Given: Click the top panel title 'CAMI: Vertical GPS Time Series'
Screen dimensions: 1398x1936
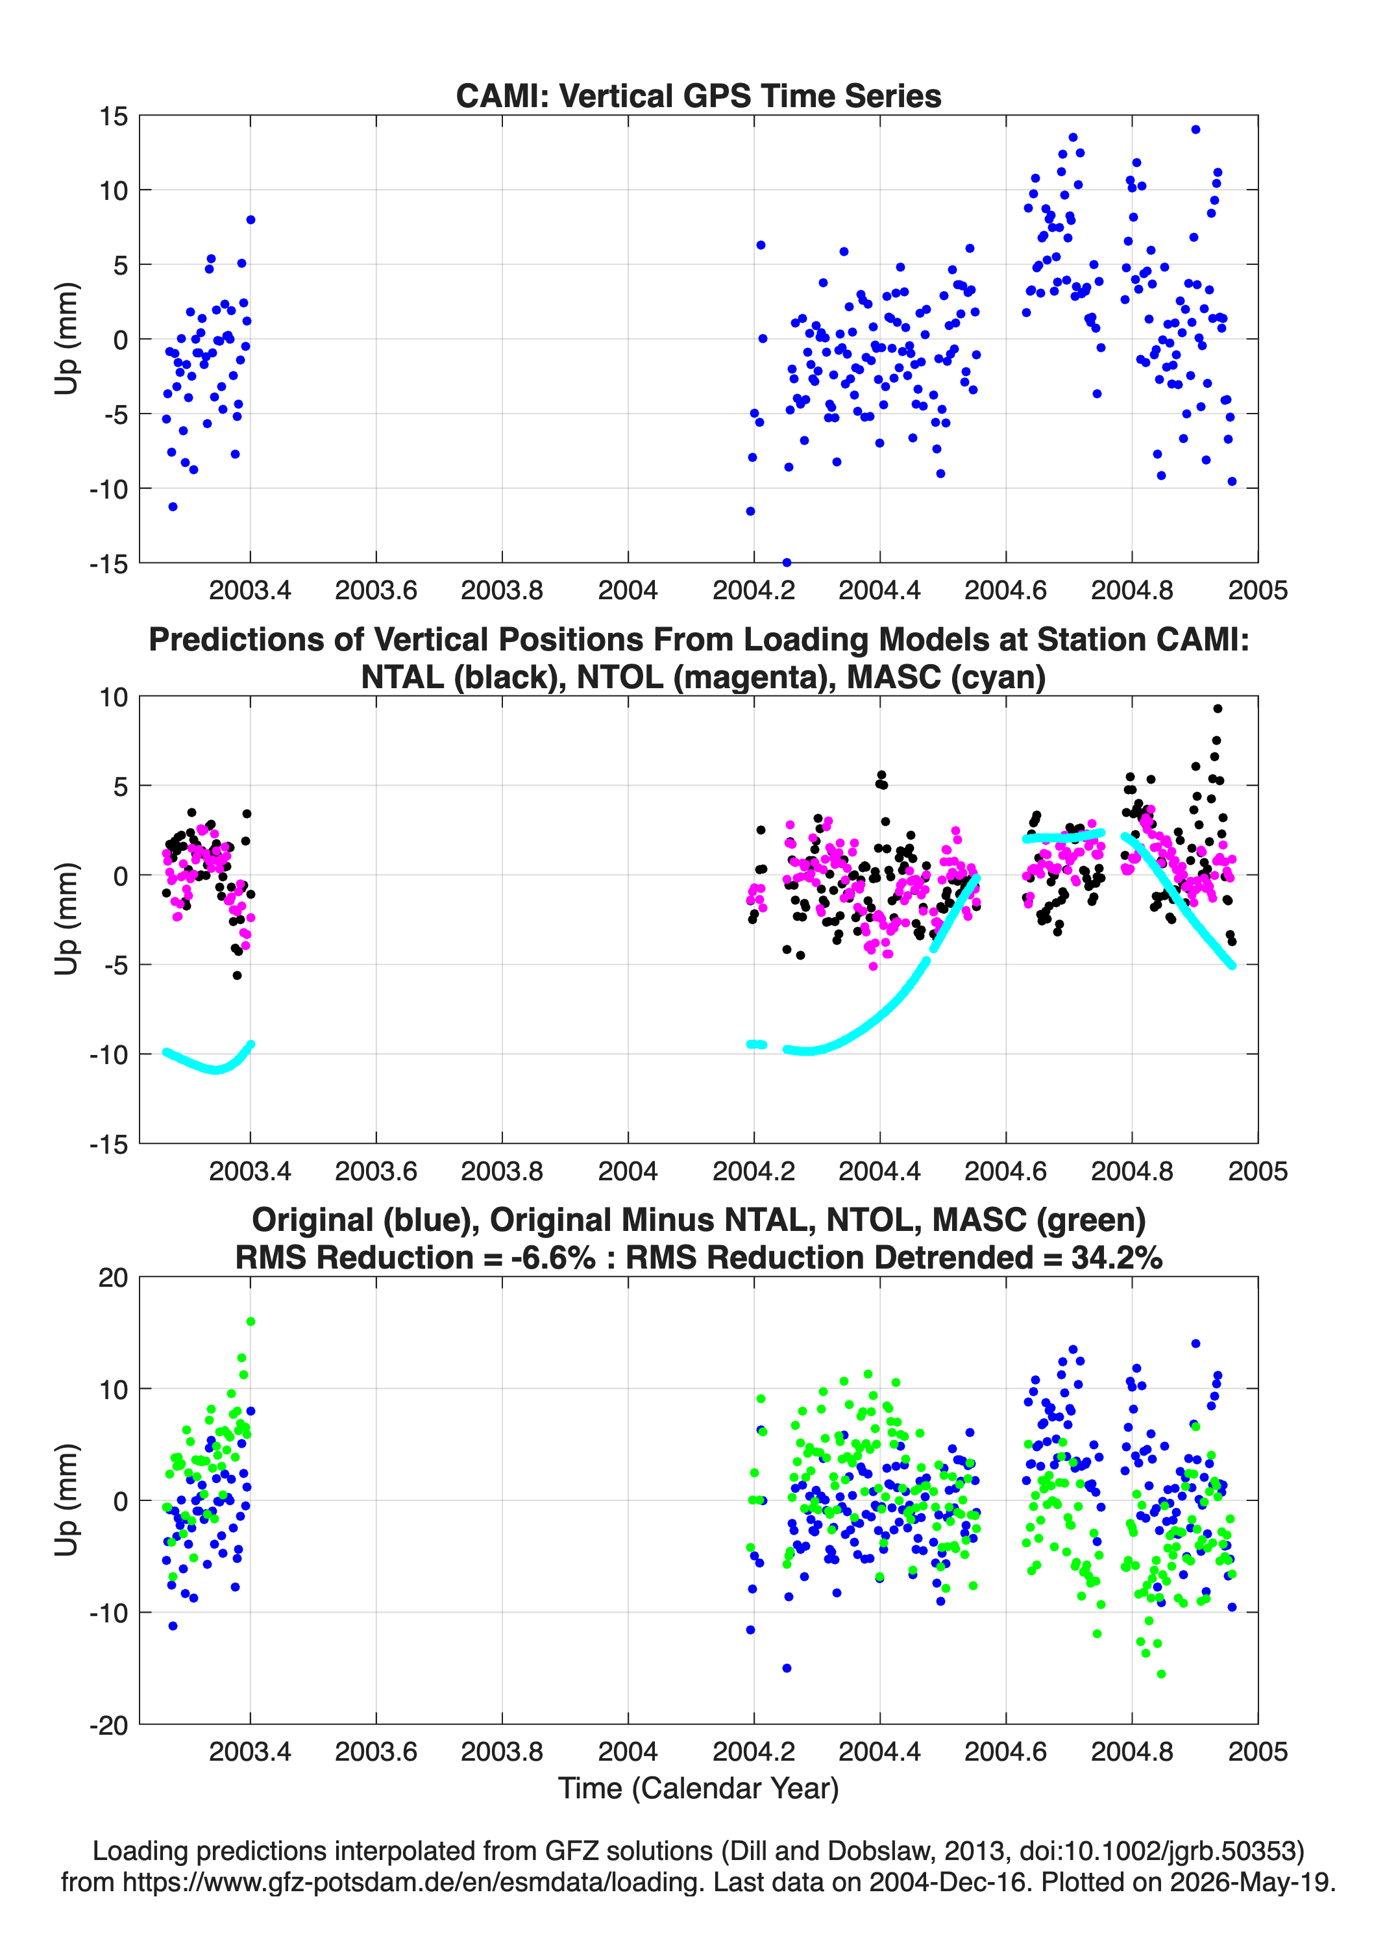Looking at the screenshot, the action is pyautogui.click(x=698, y=95).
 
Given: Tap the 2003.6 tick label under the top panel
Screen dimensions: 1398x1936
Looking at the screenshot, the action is pyautogui.click(x=376, y=590).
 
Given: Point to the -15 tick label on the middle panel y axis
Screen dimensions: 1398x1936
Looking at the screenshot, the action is pyautogui.click(x=108, y=1144).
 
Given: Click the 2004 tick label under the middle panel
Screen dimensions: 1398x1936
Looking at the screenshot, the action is pyautogui.click(x=628, y=1171).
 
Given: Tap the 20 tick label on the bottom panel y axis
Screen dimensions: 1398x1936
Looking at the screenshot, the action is pyautogui.click(x=114, y=1278).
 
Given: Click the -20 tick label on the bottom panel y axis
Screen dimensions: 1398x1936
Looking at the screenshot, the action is pyautogui.click(x=108, y=1725).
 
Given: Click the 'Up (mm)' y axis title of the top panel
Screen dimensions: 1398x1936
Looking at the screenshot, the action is pyautogui.click(x=67, y=339).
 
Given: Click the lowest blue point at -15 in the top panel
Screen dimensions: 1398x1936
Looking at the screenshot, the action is pyautogui.click(x=787, y=562).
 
